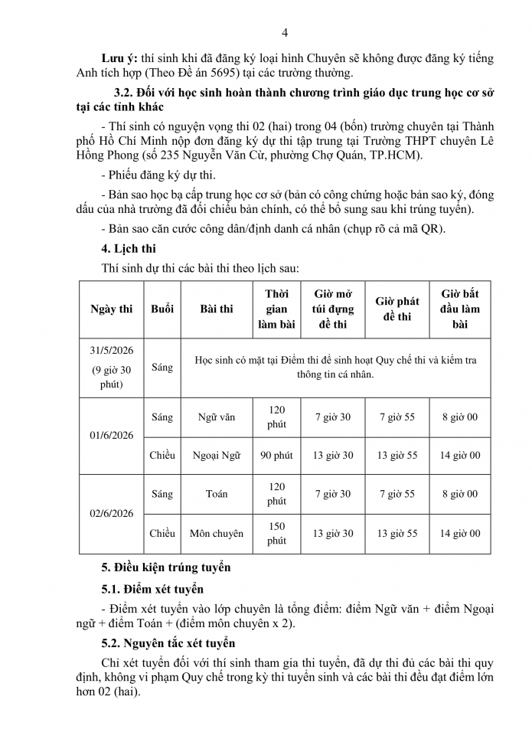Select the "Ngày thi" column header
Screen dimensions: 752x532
click(x=112, y=309)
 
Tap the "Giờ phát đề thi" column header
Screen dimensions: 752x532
click(x=397, y=309)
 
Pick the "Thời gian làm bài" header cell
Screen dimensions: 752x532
click(x=276, y=309)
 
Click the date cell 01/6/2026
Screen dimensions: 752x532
click(x=112, y=436)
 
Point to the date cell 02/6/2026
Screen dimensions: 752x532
click(x=112, y=513)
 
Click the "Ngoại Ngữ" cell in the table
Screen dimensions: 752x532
click(x=217, y=456)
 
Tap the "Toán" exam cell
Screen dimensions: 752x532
click(x=217, y=494)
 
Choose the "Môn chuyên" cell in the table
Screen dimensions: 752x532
click(x=217, y=533)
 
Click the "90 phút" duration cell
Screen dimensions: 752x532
click(x=276, y=456)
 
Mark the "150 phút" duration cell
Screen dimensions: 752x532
click(x=276, y=533)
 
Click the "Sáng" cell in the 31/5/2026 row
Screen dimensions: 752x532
click(x=162, y=368)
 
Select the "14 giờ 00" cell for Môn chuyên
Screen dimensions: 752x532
click(x=460, y=533)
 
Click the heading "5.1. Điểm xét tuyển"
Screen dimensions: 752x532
click(x=153, y=589)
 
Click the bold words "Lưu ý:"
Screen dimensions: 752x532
click(x=120, y=58)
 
